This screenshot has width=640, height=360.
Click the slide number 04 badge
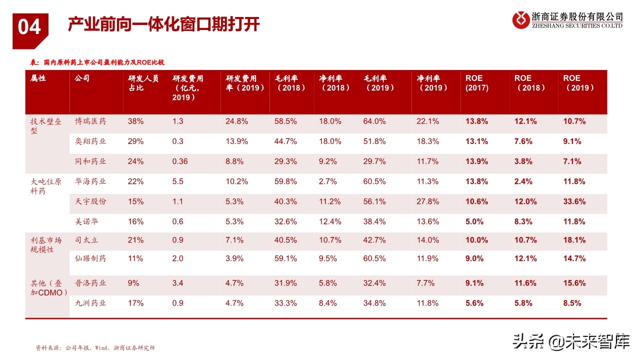[30, 27]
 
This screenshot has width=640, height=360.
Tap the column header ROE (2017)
[476, 83]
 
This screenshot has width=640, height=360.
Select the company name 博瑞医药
[90, 121]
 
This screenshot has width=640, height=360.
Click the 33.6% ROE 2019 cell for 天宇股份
[574, 201]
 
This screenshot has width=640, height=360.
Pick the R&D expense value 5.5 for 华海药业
[178, 181]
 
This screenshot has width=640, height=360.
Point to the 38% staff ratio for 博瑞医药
[135, 121]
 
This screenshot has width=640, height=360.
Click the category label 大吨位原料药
[46, 186]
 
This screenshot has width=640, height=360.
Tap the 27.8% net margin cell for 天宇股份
[427, 201]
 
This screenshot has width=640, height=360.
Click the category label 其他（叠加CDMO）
[48, 287]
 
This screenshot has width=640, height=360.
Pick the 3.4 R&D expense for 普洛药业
[178, 283]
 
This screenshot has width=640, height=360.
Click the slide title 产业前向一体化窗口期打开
[164, 24]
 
